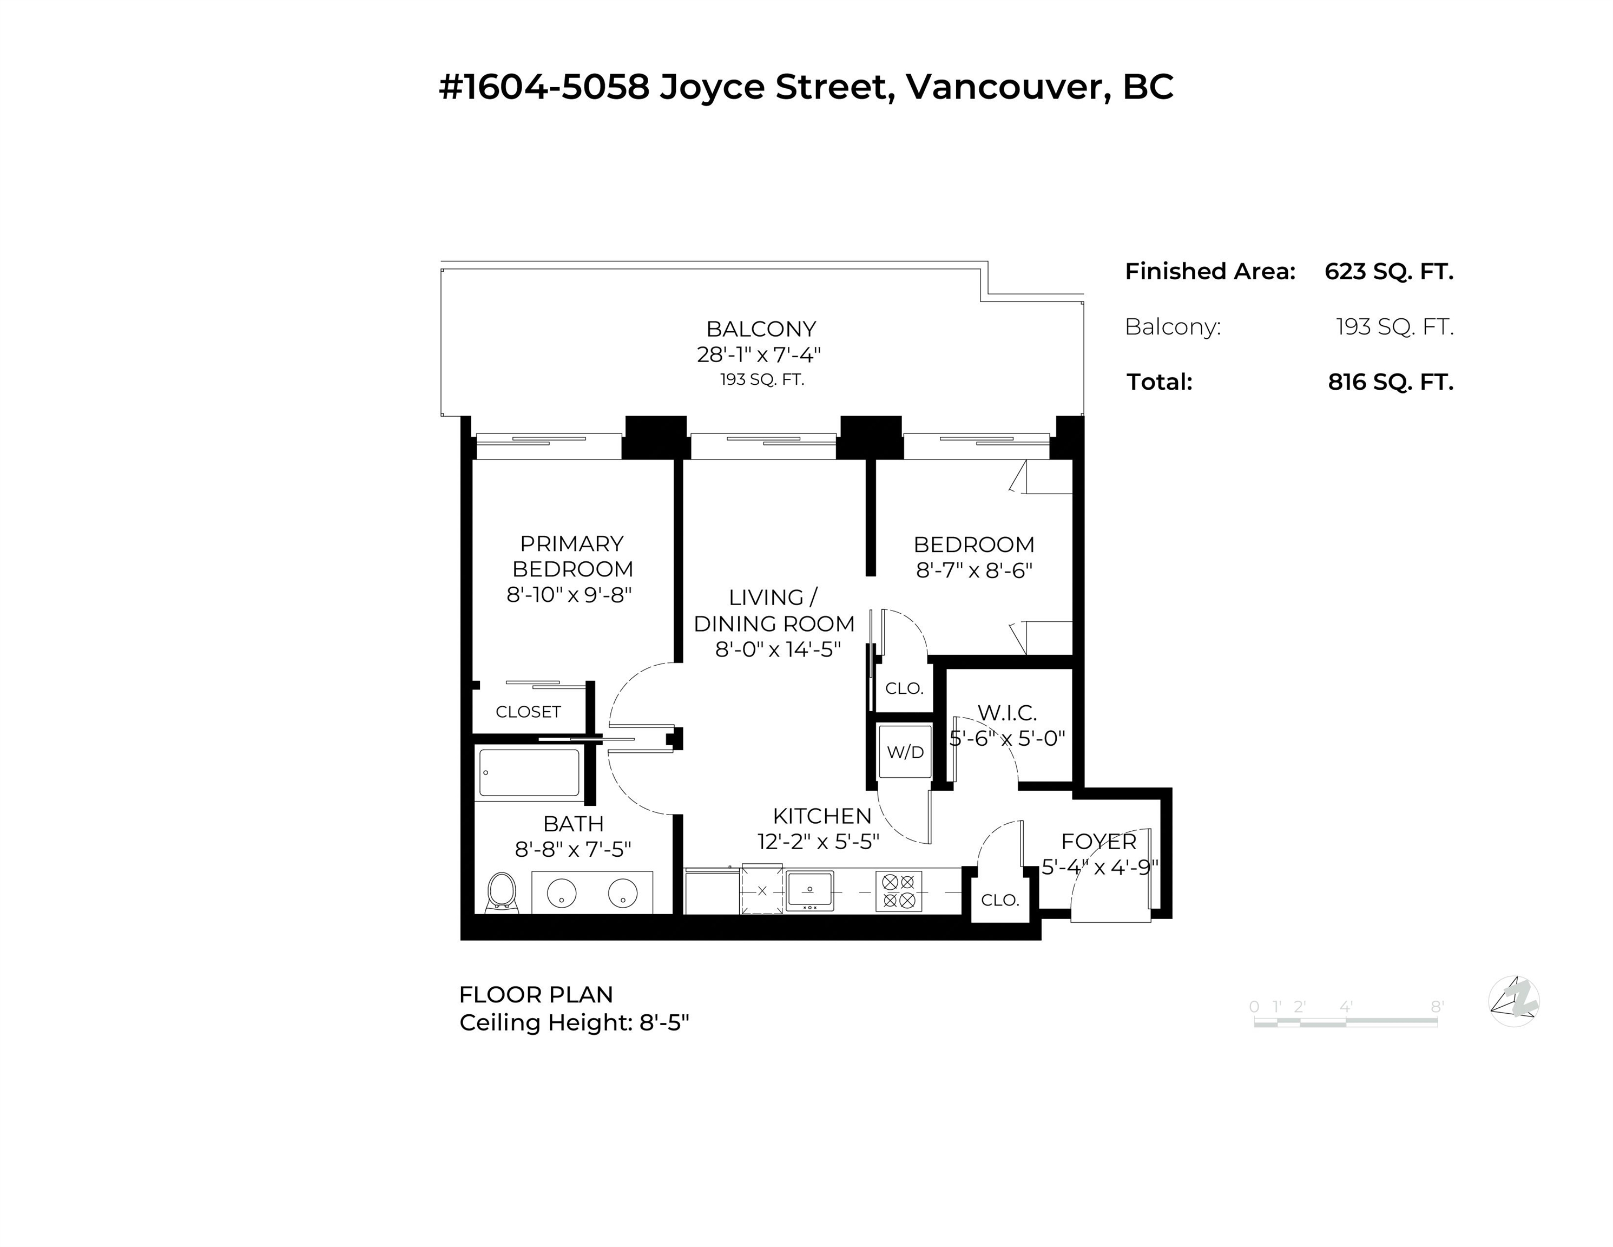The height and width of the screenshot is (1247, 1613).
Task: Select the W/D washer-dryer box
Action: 905,751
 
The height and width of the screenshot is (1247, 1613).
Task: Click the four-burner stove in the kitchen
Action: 898,891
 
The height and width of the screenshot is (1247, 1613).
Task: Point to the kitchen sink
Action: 809,890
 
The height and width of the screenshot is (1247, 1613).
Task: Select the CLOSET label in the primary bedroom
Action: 528,711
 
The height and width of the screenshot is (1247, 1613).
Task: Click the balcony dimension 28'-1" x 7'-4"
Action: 759,355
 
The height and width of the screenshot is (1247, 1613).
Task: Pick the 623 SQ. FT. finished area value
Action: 1388,271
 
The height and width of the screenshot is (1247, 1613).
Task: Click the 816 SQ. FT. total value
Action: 1390,382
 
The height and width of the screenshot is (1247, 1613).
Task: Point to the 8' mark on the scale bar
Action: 1437,1006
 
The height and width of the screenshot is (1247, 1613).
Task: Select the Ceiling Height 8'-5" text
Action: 574,1022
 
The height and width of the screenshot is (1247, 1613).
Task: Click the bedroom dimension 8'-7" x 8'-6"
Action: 974,570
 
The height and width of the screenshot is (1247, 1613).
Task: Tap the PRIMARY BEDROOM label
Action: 571,556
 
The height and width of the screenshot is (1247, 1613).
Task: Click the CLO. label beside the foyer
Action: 1000,900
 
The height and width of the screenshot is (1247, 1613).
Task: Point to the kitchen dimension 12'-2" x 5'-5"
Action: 818,842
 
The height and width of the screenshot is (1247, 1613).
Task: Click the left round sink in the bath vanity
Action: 561,893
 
